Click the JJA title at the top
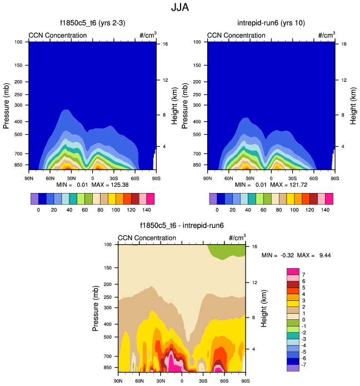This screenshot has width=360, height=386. [x=179, y=8]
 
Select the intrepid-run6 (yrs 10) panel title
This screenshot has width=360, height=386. [x=271, y=23]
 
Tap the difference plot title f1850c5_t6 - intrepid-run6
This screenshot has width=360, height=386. [x=181, y=226]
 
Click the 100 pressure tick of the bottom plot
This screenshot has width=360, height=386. [x=108, y=245]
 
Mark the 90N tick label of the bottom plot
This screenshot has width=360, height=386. [x=118, y=381]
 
